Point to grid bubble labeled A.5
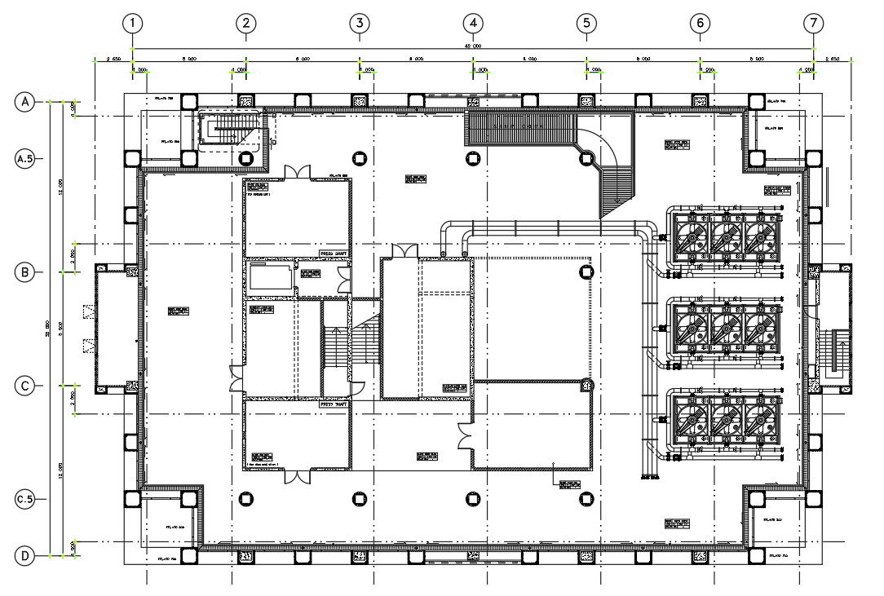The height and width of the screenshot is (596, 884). tap(25, 159)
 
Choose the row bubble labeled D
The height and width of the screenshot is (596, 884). tap(25, 556)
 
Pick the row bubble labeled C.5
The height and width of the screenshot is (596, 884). tap(25, 498)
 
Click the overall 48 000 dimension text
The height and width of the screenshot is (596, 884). tap(473, 46)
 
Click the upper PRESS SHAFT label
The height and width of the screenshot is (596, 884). tap(334, 254)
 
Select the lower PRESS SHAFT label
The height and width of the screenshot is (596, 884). tap(334, 404)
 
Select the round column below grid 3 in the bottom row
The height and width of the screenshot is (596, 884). tap(357, 499)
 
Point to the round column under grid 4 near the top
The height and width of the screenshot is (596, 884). tap(471, 157)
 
